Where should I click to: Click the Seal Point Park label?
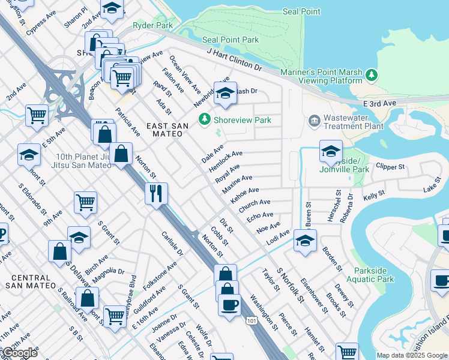tap(231, 40)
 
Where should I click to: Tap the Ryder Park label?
tap(152, 26)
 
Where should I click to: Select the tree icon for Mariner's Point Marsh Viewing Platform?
tap(372, 75)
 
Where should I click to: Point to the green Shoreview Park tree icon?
tap(205, 119)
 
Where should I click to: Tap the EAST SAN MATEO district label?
tap(167, 130)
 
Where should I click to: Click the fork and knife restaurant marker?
tap(156, 194)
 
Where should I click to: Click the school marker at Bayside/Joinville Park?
tap(330, 152)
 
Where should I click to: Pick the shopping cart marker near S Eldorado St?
tap(85, 202)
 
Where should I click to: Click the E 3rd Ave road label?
tap(381, 104)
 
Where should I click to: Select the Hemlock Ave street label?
tap(226, 161)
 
